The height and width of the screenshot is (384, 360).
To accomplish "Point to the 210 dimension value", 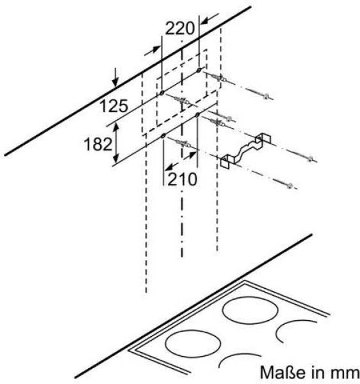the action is tap(182, 180).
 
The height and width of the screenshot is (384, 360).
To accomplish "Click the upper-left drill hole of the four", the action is tap(161, 93).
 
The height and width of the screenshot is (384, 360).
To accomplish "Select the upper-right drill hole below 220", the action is tap(199, 70).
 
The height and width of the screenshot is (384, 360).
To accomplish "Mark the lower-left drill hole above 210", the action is tap(163, 136).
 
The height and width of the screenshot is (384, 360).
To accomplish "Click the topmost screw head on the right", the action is tap(266, 97).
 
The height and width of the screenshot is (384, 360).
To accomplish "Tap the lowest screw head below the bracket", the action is tap(290, 185).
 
